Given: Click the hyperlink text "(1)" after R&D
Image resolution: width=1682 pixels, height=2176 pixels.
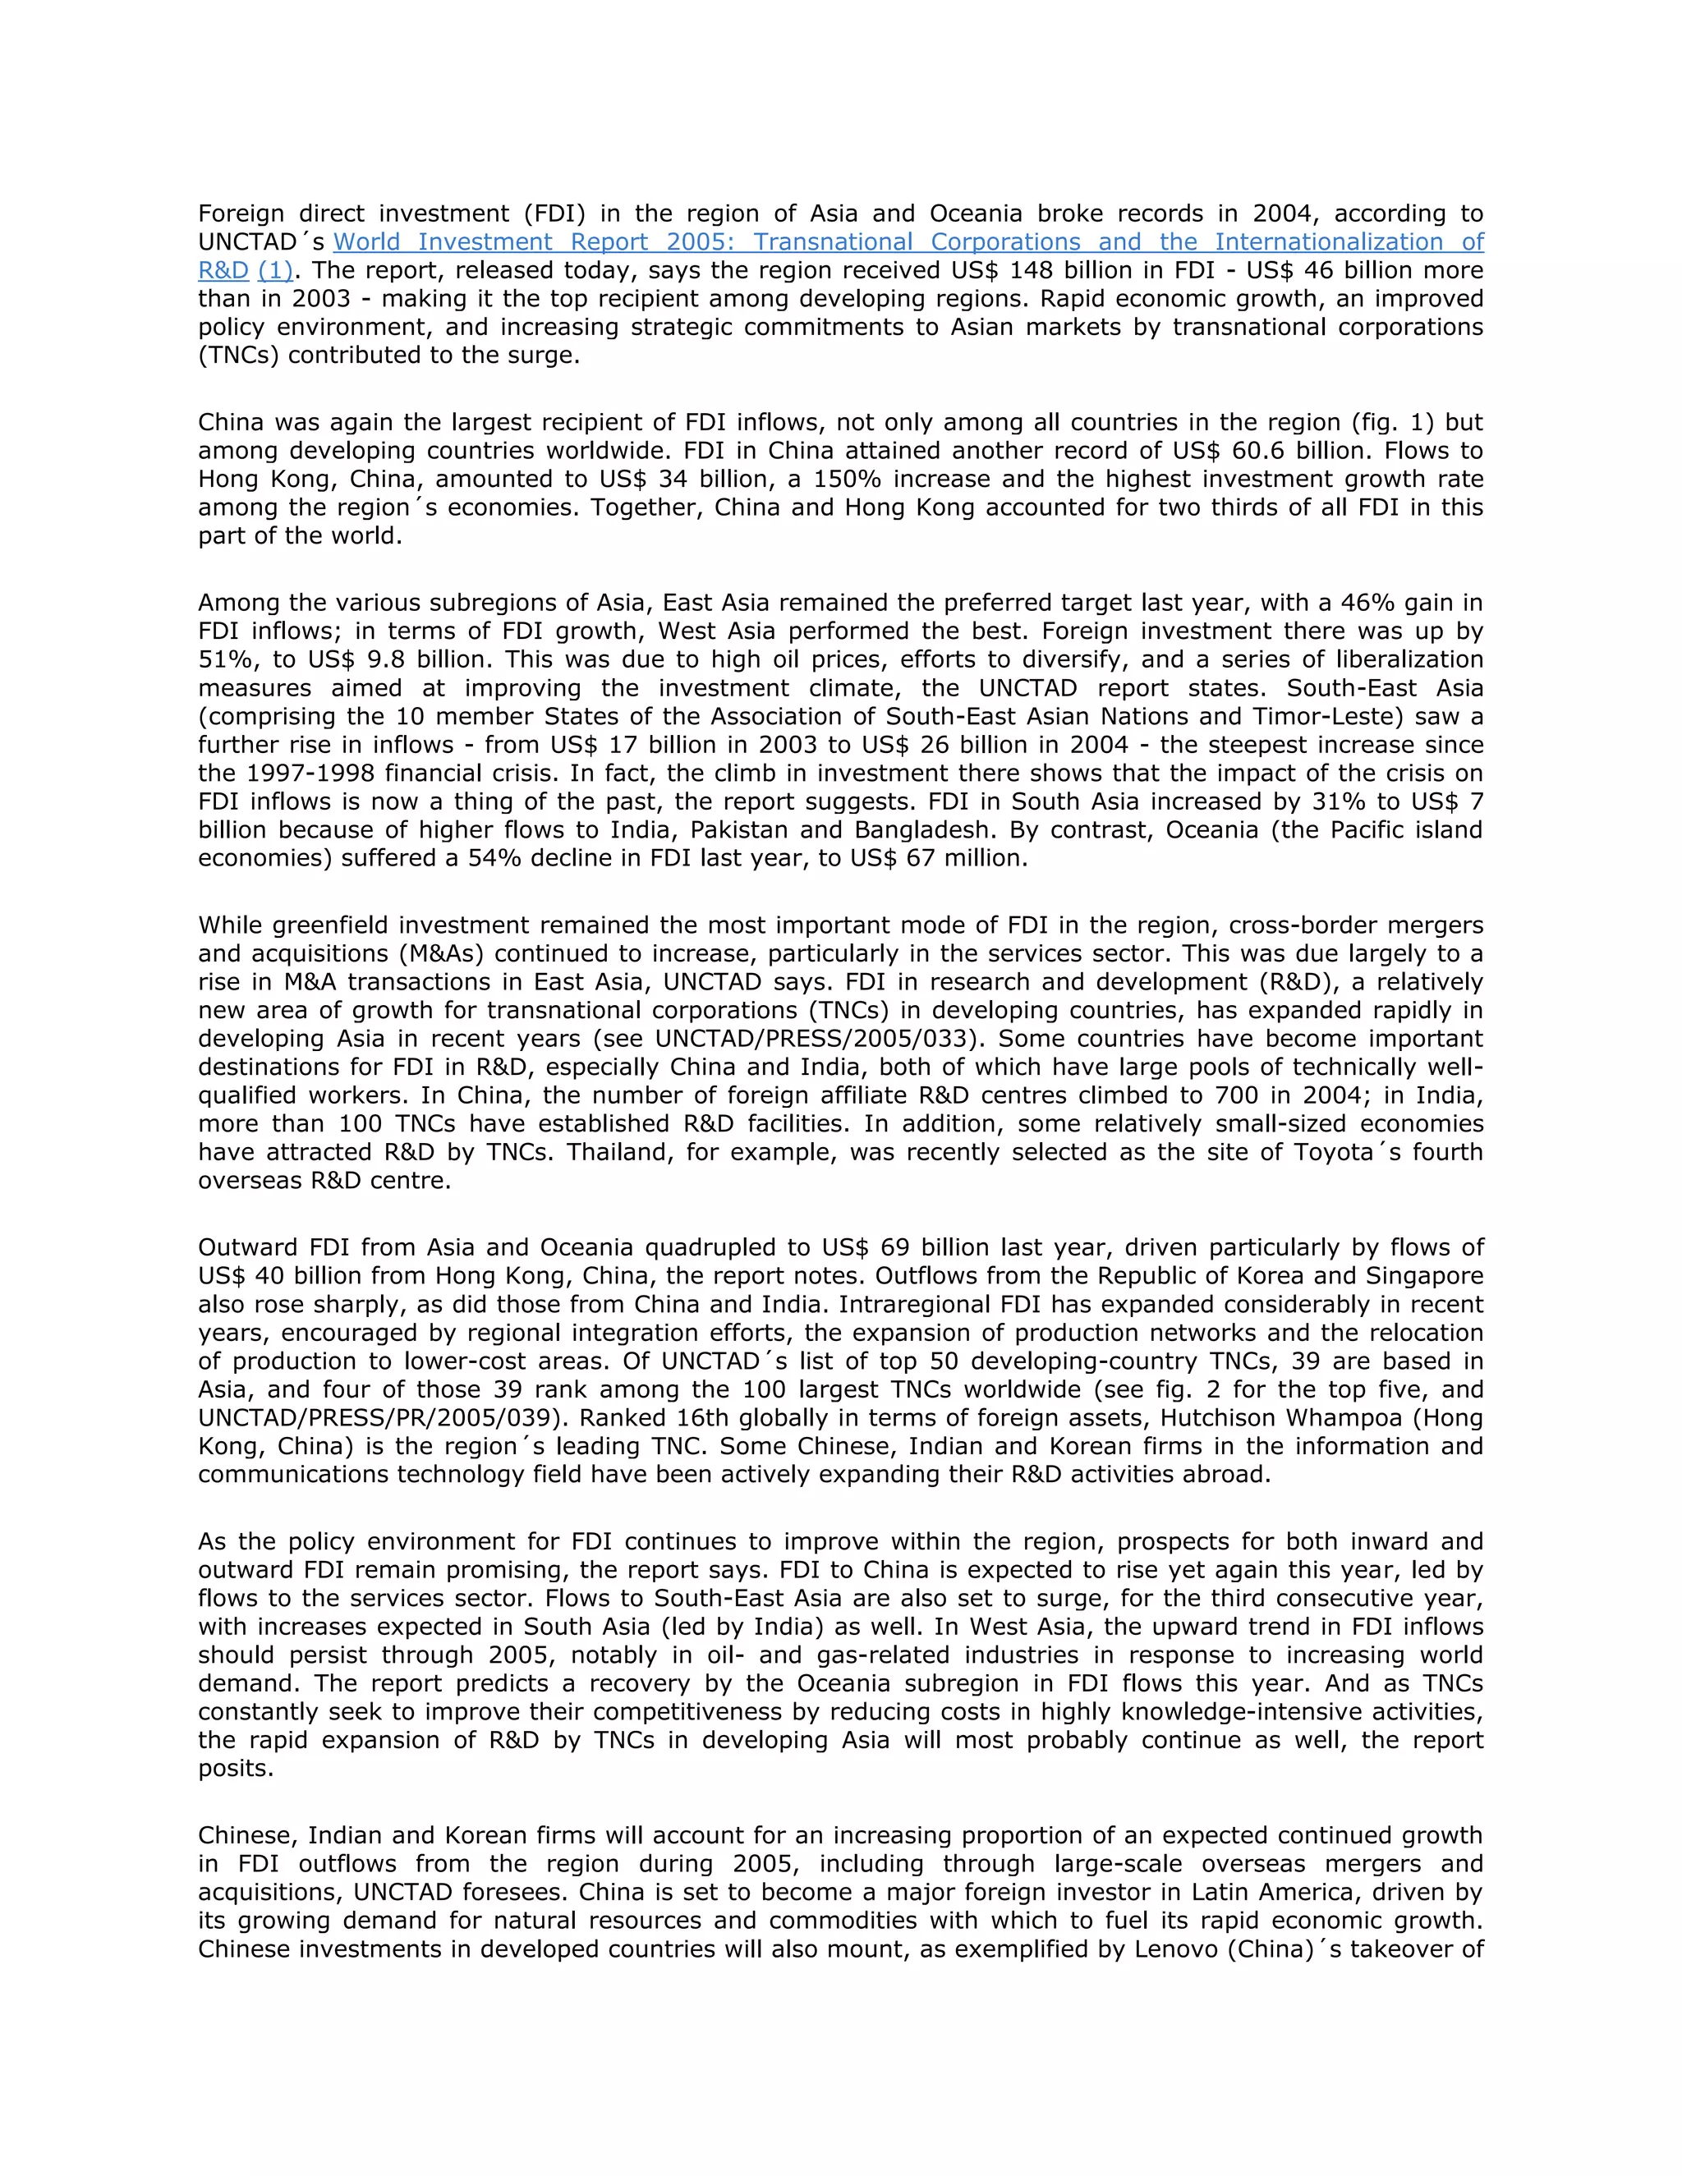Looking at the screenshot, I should click(x=275, y=271).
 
